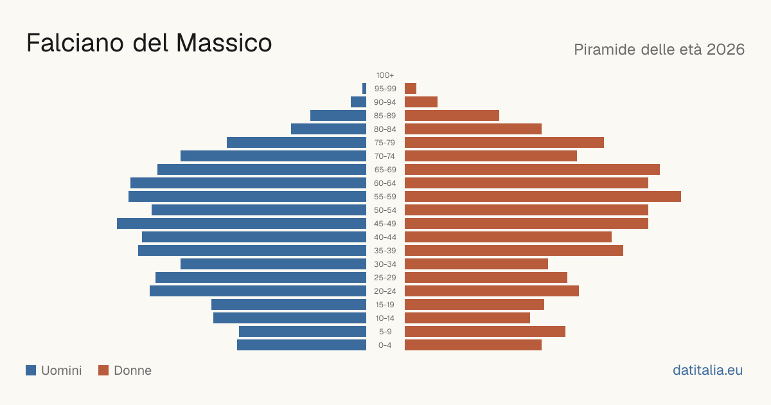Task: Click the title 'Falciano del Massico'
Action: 149,43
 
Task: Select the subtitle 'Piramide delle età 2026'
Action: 659,50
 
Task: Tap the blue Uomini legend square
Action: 31,370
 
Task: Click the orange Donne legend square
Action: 103,370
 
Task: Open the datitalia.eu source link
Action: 707,370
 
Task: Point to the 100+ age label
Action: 385,75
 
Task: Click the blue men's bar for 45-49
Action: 242,224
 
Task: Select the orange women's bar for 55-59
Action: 543,196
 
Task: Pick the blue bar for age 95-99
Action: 364,89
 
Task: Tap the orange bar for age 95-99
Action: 411,89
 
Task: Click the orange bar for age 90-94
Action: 421,102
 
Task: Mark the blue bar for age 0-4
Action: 301,345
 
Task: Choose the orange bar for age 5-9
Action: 485,331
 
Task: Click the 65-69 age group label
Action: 385,170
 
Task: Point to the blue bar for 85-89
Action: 339,115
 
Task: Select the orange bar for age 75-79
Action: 504,143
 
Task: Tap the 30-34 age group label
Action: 385,264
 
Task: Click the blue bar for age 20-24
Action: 258,291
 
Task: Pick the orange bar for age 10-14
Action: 468,318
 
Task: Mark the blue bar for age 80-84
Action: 329,129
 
